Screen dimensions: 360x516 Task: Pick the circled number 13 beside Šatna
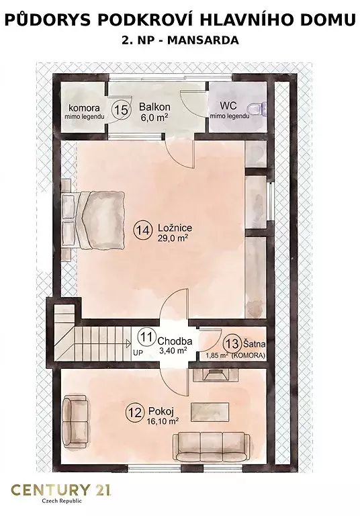coord(232,344)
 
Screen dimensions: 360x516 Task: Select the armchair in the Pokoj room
coord(75,422)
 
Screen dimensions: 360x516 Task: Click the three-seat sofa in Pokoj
coord(212,447)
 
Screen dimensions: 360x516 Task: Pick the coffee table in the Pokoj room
coord(211,412)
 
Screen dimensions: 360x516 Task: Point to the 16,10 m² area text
coord(164,421)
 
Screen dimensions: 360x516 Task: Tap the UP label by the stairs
coord(138,352)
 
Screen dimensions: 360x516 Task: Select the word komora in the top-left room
coord(84,108)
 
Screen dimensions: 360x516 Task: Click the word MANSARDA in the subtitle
coord(203,40)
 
